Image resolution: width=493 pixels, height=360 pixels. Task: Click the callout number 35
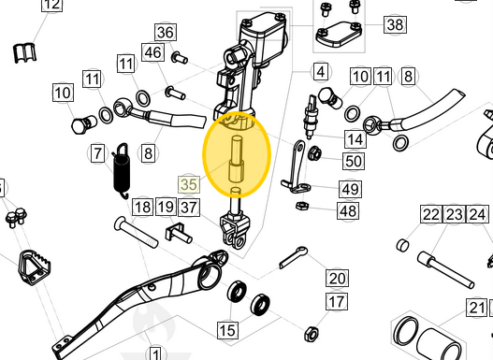pos(188,184)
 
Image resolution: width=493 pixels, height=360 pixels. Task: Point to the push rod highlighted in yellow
pos(236,161)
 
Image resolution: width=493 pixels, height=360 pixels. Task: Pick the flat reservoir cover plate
pos(341,36)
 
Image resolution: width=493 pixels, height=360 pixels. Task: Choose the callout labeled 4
pos(320,72)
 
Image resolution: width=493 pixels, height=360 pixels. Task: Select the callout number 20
pos(337,278)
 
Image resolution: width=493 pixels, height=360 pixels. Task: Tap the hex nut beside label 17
pos(311,332)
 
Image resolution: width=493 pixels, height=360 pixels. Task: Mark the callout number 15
pos(227,329)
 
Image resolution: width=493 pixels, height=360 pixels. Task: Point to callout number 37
pos(189,207)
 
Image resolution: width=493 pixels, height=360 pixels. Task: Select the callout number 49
pos(350,189)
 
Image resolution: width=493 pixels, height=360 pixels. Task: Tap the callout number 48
pos(348,211)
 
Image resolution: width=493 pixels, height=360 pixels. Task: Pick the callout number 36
pos(166,34)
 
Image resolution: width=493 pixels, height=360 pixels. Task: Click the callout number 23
pos(454,216)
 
